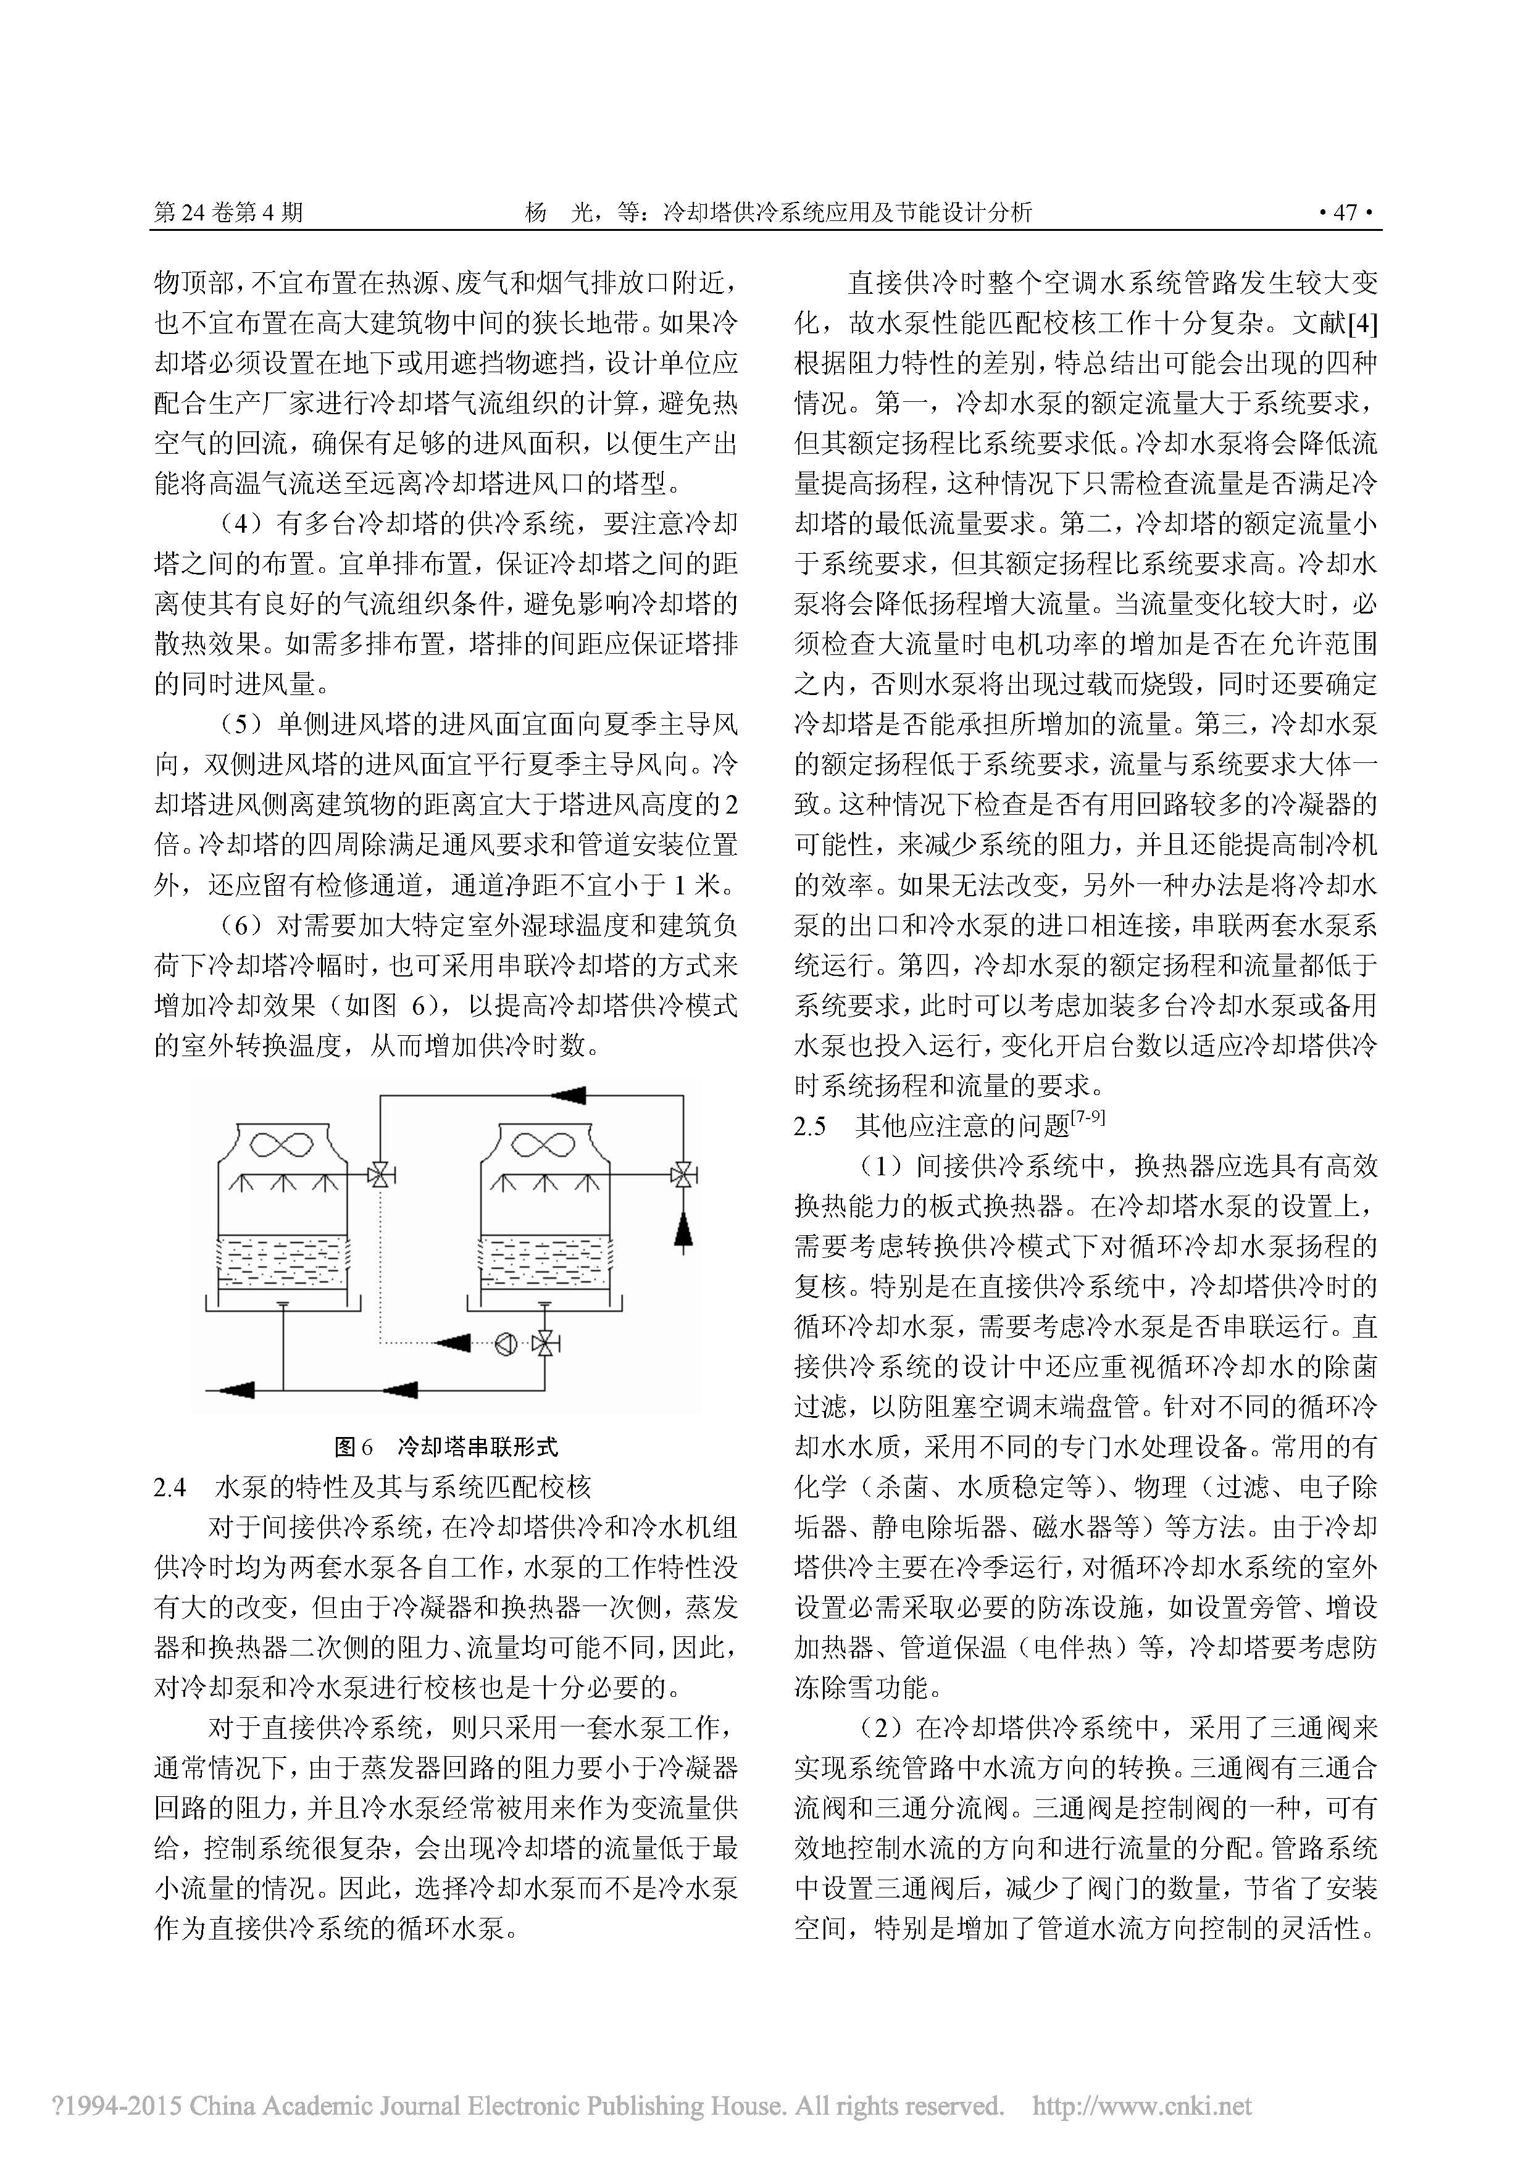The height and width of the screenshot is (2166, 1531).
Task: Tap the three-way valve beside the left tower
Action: click(x=381, y=1175)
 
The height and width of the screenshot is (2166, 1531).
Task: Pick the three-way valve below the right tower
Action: click(x=544, y=1343)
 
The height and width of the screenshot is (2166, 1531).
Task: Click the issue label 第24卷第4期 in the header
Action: click(x=228, y=212)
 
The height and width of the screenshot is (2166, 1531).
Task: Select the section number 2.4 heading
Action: click(x=170, y=1488)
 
